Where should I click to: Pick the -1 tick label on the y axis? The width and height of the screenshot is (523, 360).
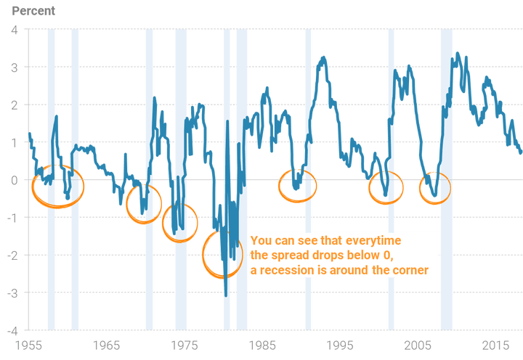(13, 217)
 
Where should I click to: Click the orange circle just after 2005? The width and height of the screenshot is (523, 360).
(435, 188)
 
